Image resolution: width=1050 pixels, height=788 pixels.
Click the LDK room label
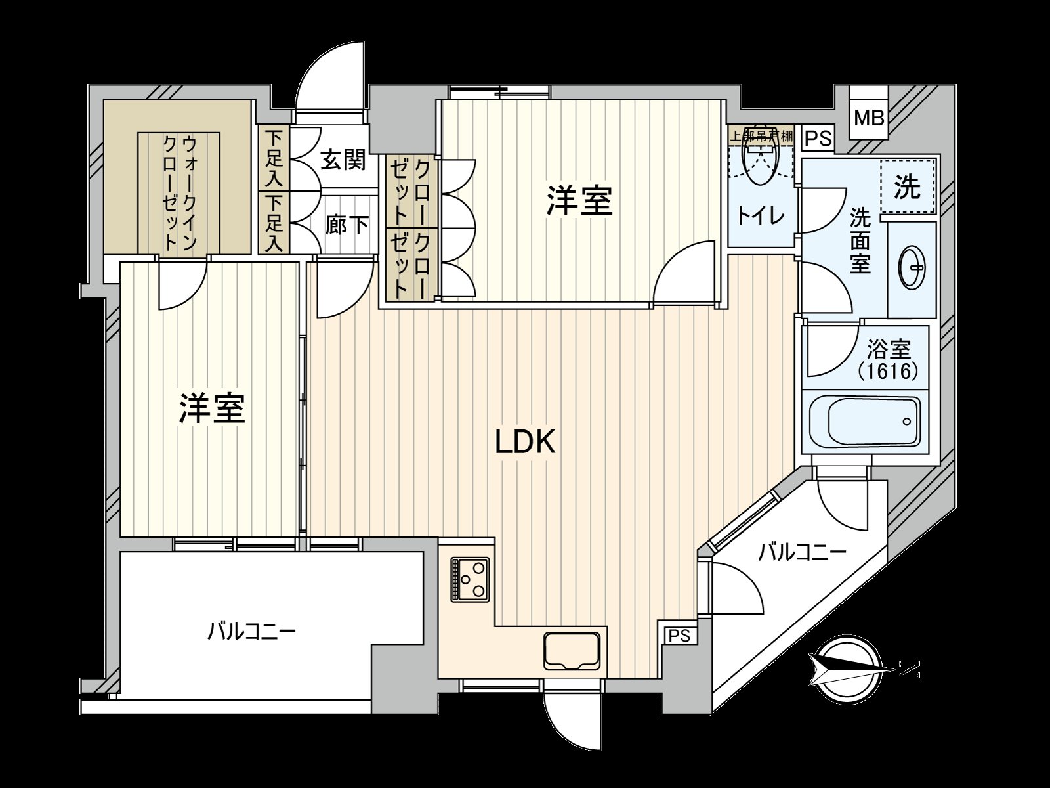click(x=525, y=443)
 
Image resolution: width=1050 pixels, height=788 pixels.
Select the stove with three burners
click(x=471, y=579)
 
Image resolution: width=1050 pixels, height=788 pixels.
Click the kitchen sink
click(x=571, y=650)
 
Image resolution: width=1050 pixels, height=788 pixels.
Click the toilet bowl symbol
click(x=761, y=160)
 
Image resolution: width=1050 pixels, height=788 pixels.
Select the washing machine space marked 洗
click(x=908, y=188)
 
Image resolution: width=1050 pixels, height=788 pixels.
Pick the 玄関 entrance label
click(x=343, y=160)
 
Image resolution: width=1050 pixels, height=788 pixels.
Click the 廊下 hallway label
click(x=347, y=225)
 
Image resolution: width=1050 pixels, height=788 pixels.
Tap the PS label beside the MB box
click(x=818, y=139)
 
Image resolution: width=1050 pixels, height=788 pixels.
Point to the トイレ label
click(x=761, y=215)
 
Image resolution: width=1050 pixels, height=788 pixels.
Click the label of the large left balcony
click(x=252, y=632)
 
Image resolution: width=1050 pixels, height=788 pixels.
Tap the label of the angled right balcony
click(x=802, y=552)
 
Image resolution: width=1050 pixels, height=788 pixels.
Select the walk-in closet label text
click(x=179, y=192)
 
